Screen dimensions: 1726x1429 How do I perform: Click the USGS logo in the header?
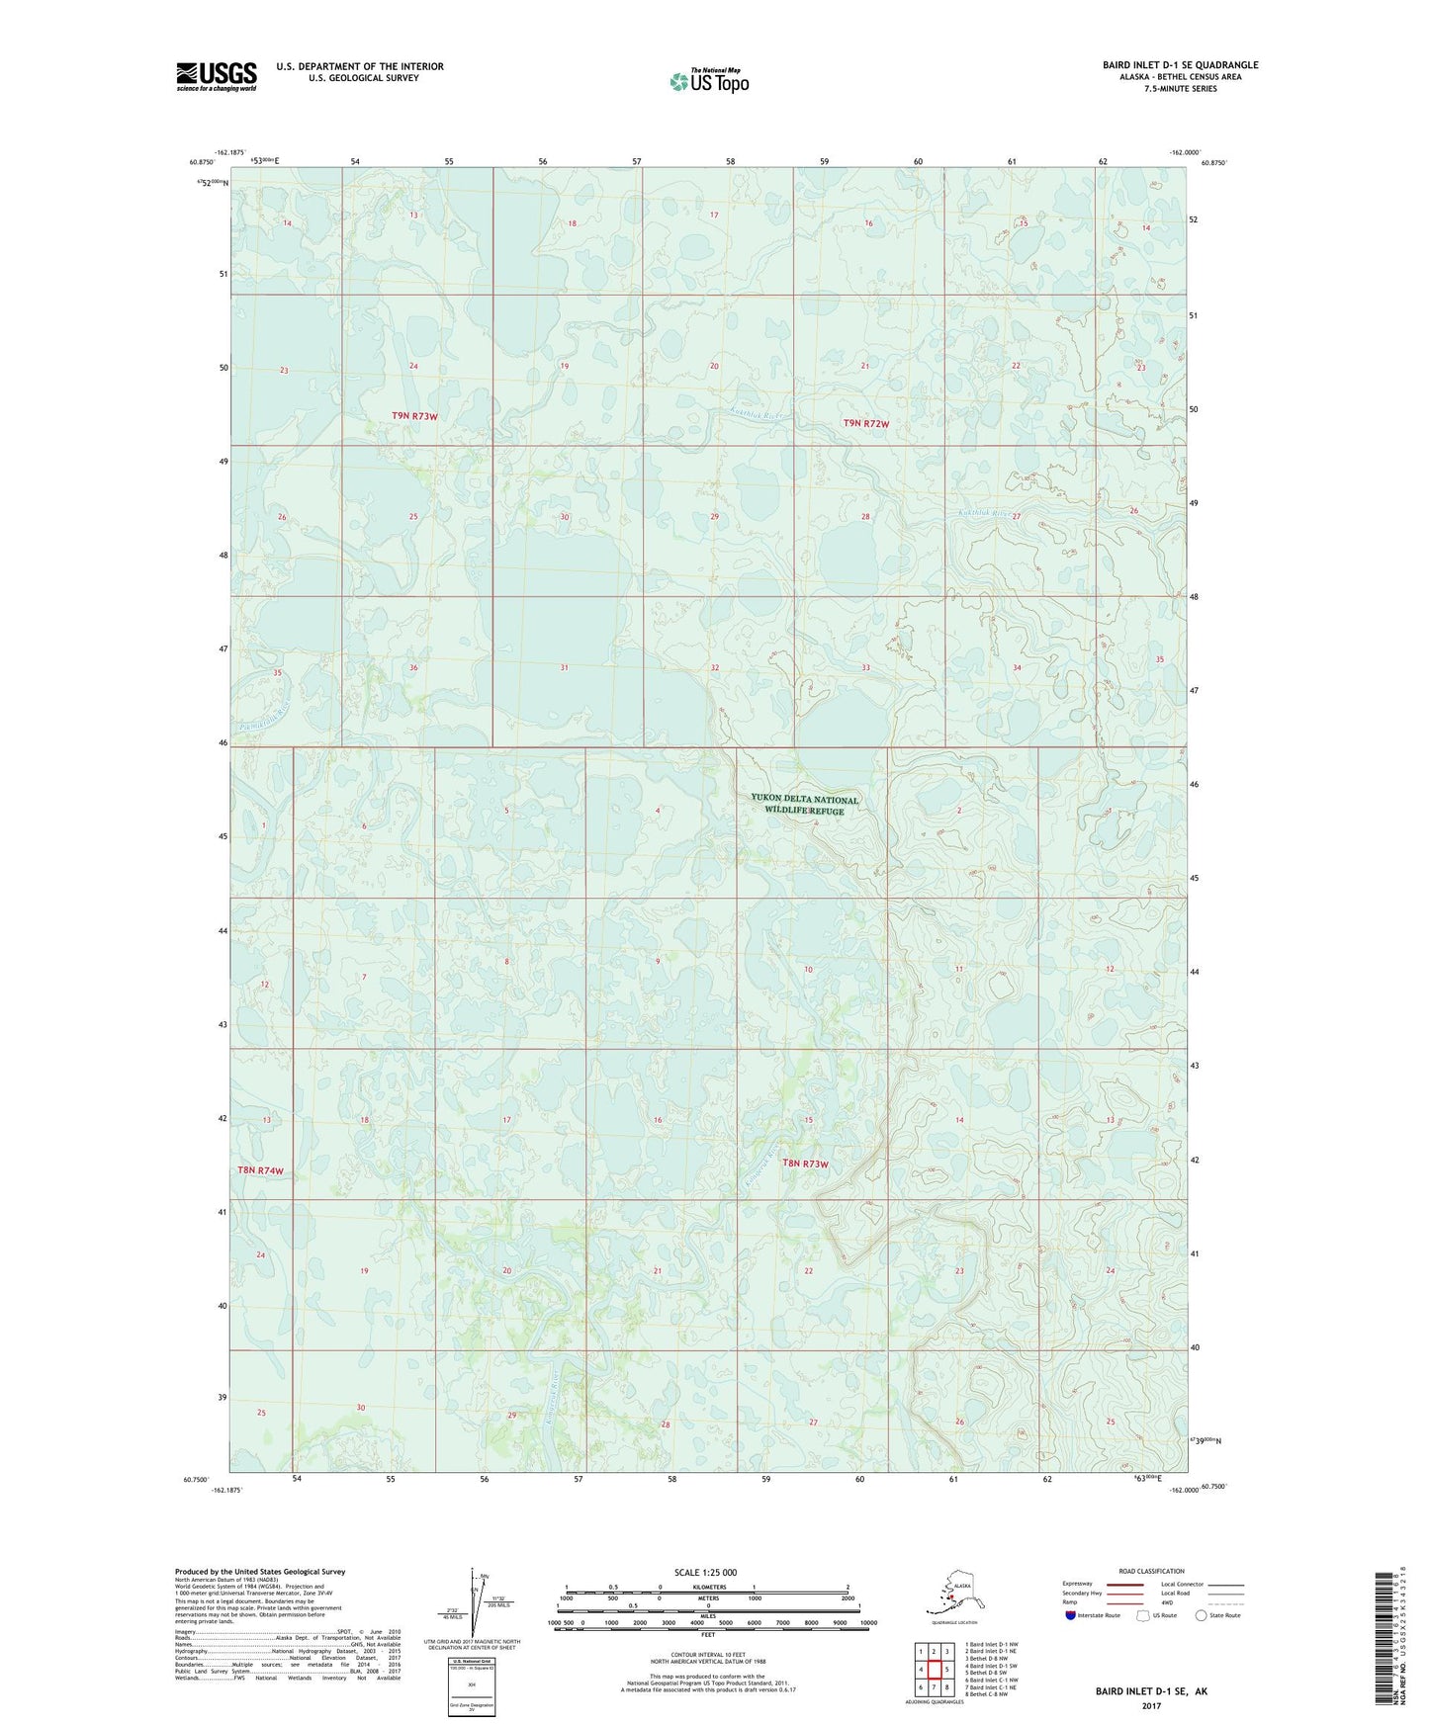click(216, 76)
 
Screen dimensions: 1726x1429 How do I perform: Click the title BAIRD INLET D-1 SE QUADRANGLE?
click(1180, 65)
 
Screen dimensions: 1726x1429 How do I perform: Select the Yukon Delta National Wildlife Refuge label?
click(804, 805)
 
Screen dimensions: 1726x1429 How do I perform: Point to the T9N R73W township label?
click(414, 416)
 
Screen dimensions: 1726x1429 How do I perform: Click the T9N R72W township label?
click(865, 423)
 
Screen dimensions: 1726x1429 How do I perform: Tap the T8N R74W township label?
click(260, 1170)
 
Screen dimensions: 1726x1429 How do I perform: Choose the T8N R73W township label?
click(805, 1164)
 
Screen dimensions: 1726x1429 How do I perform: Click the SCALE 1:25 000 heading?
click(706, 1572)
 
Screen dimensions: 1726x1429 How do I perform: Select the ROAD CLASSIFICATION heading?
click(1151, 1571)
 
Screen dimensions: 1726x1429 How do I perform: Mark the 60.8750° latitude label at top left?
click(201, 163)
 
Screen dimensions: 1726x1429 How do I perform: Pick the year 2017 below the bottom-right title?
click(1151, 1705)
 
